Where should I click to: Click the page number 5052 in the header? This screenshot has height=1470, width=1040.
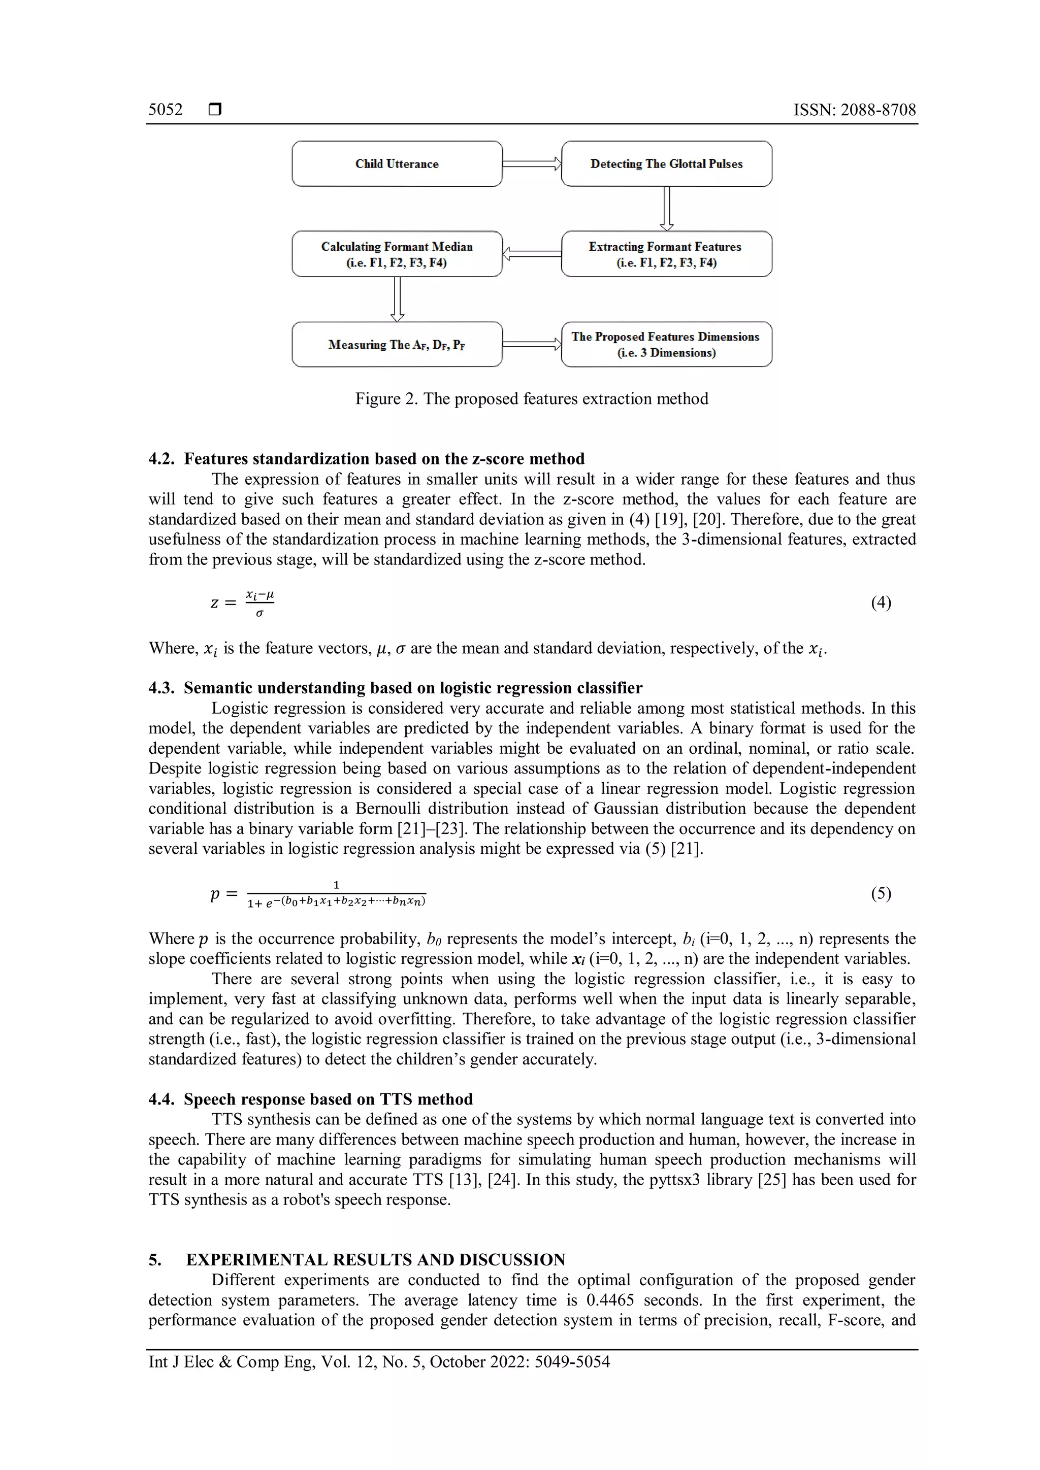[x=165, y=110]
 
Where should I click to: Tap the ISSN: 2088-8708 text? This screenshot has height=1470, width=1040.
[x=854, y=110]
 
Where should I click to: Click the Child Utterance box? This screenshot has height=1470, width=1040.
[x=397, y=164]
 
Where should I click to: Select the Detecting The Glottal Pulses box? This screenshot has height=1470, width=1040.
[x=666, y=164]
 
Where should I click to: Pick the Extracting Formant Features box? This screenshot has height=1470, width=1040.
[x=666, y=254]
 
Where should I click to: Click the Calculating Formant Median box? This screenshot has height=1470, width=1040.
[x=397, y=254]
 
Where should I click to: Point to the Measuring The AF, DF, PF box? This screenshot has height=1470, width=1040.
[x=397, y=345]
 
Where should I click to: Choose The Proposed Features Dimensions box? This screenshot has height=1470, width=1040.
[x=666, y=345]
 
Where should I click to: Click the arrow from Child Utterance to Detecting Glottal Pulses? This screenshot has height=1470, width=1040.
[x=532, y=164]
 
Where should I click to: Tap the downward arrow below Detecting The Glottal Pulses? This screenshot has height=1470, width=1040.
[x=667, y=209]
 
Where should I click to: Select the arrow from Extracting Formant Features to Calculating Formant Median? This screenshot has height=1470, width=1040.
[x=532, y=254]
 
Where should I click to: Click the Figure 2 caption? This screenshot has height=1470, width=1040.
[x=532, y=399]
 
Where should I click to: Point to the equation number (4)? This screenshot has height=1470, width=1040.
[x=881, y=602]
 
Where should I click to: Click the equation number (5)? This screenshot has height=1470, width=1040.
[x=881, y=893]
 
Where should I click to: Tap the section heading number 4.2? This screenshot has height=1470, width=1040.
[x=161, y=459]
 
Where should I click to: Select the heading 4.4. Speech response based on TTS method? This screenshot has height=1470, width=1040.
[x=311, y=1099]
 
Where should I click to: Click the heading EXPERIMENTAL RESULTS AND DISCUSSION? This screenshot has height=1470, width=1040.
[x=375, y=1259]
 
